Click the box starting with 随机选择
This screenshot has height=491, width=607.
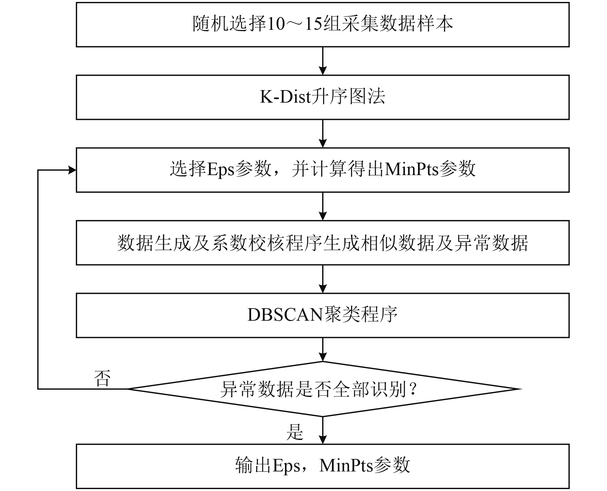pos(322,25)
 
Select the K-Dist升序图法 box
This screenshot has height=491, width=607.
pos(322,97)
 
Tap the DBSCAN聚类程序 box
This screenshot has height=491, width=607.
pos(322,315)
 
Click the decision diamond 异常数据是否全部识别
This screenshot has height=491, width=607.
pos(322,389)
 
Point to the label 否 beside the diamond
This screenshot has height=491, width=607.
pos(102,378)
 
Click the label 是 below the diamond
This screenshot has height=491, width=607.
pos(295,432)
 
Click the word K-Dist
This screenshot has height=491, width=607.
pos(285,97)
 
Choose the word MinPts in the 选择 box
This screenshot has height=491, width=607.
pos(411,169)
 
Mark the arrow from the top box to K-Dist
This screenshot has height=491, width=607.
pos(322,61)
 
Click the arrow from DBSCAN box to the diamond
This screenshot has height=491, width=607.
pos(322,350)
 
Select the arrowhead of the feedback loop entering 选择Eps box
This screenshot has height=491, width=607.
pos(72,170)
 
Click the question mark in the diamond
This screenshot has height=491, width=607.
pos(413,389)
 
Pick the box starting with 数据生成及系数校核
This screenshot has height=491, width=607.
pos(322,242)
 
